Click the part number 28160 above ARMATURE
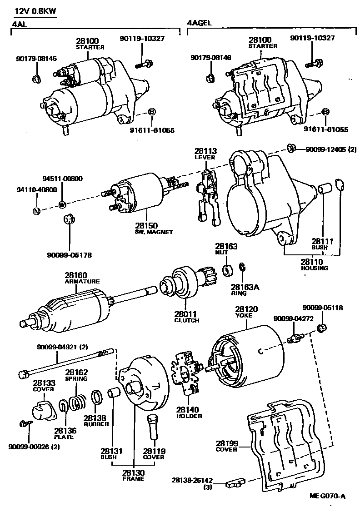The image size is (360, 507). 75,275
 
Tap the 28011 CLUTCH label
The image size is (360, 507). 186,317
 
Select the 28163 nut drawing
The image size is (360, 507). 227,270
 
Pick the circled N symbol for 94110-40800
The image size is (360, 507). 37,210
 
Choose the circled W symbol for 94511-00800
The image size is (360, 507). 62,205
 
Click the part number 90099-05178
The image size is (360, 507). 70,255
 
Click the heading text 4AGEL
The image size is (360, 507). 199,23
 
